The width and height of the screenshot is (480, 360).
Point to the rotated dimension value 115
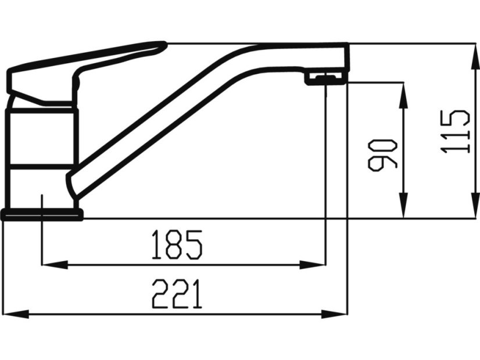click(x=455, y=131)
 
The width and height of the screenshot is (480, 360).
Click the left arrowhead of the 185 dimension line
click(x=52, y=265)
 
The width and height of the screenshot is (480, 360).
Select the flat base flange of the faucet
click(x=42, y=215)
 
